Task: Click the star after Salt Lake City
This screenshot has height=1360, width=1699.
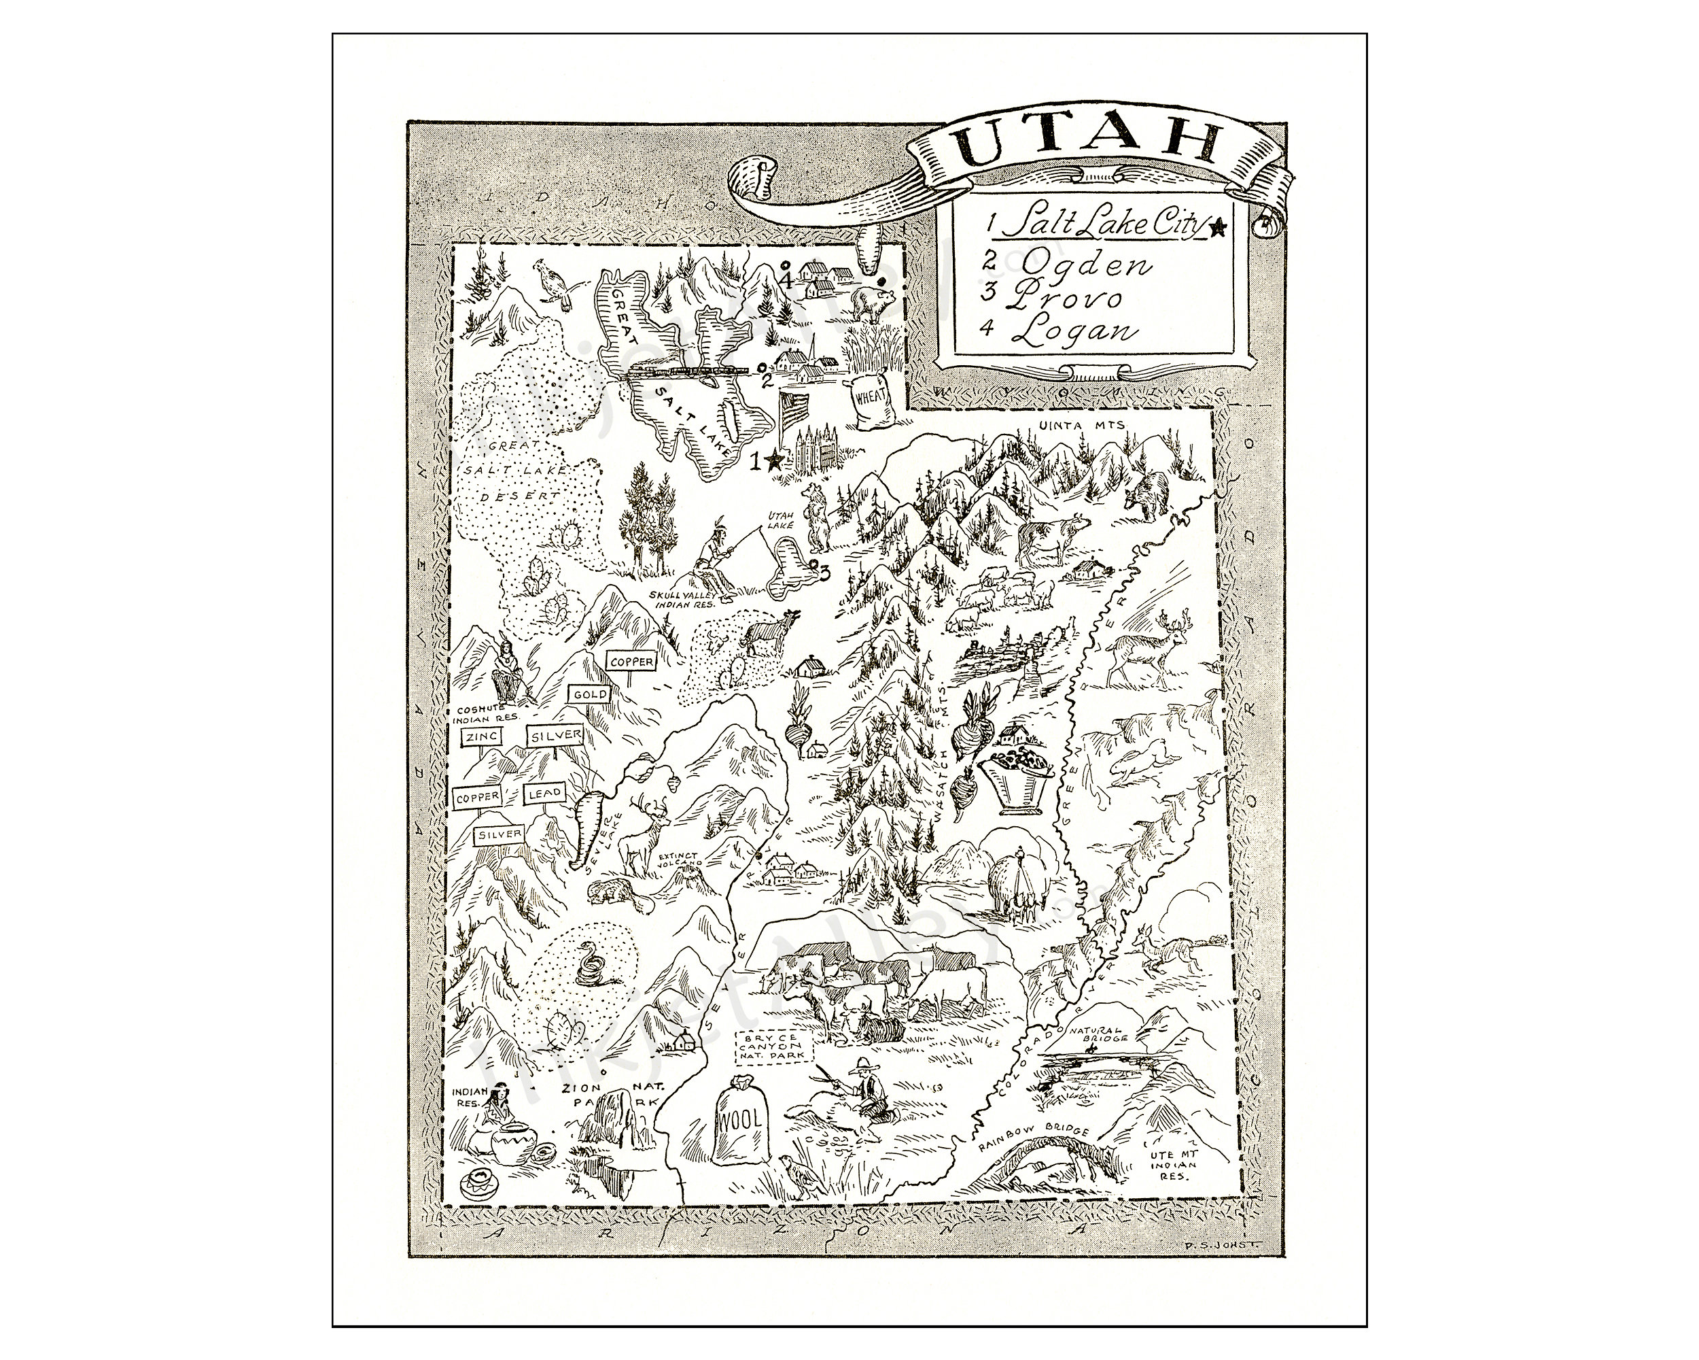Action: click(1218, 228)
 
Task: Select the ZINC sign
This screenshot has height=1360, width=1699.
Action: click(480, 737)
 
